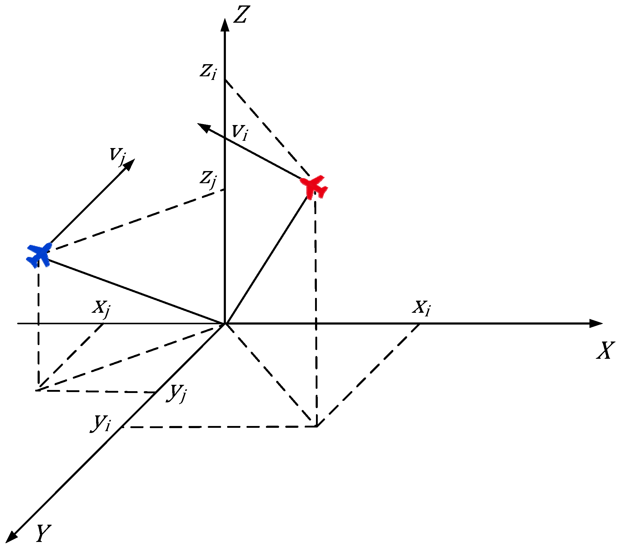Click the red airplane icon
[x=314, y=187]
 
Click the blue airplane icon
[x=39, y=255]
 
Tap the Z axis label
[x=242, y=15]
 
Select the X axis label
[x=605, y=351]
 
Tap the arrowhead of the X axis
[x=596, y=323]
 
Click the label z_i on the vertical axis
[x=208, y=72]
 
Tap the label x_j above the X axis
[x=101, y=308]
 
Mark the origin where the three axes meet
[x=225, y=324]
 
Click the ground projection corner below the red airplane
[x=317, y=427]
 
